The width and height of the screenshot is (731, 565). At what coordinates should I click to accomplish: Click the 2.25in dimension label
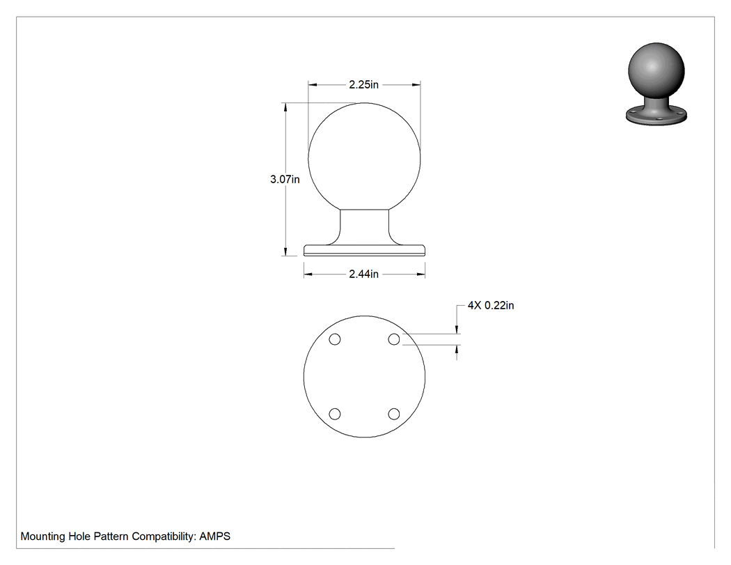[x=363, y=84]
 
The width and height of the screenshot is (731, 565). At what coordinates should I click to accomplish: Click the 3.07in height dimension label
[x=285, y=179]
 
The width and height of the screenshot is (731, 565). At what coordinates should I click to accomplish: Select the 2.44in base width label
[x=363, y=274]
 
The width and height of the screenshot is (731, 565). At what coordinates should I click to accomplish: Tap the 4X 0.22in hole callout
[x=491, y=305]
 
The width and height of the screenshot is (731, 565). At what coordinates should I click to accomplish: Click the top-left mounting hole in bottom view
[x=335, y=339]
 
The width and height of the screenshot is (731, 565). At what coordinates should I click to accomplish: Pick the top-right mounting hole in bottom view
[x=394, y=339]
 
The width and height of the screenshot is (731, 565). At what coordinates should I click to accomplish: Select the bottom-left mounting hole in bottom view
[x=335, y=414]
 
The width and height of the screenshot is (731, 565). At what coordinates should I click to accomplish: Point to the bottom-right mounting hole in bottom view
[x=394, y=414]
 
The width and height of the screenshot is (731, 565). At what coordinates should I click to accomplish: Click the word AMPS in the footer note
[x=215, y=536]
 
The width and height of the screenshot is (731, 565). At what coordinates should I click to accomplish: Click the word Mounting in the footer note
[x=43, y=536]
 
